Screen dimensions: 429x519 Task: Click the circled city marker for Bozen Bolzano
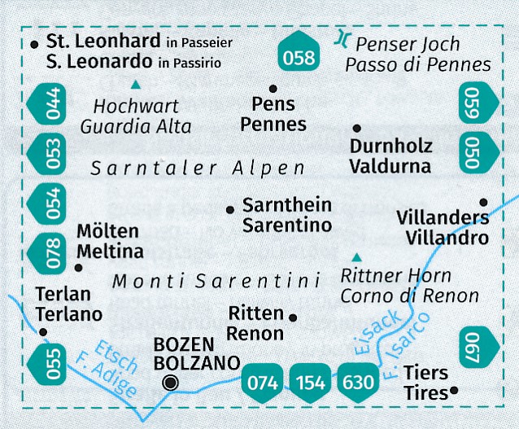coord(170,383)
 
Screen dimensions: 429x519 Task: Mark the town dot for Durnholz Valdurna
coord(356,129)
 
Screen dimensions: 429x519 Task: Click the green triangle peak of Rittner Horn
coord(355,256)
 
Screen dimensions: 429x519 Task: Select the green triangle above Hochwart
coord(136,84)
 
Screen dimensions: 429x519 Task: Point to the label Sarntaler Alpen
coord(198,168)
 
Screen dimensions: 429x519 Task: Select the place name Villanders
coord(443,218)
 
